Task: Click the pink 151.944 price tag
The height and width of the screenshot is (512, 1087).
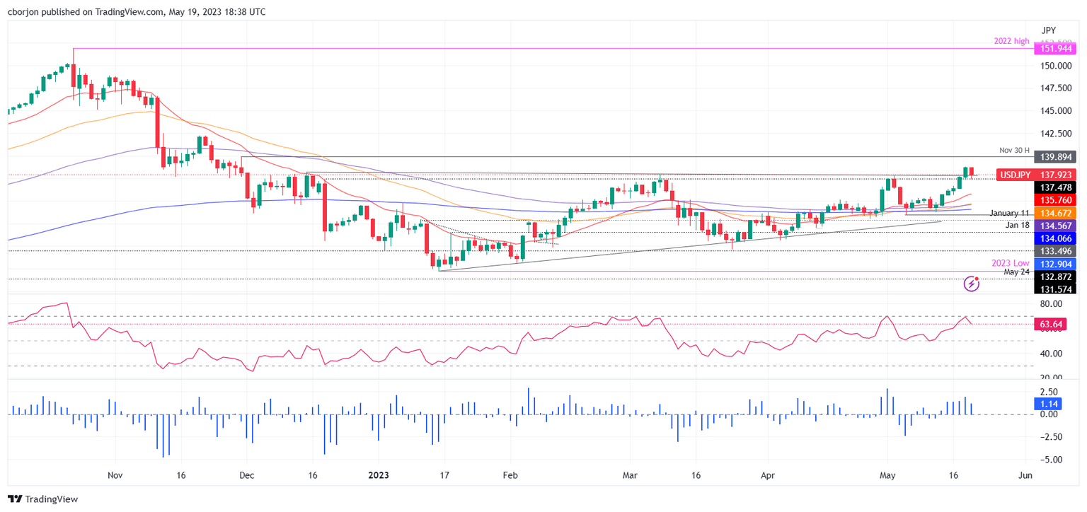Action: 1054,49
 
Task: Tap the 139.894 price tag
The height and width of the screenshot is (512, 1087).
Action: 1054,157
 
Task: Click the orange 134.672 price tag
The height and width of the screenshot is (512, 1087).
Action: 1054,213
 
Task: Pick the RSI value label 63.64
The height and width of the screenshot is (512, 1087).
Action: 1048,325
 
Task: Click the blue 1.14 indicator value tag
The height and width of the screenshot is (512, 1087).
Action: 1047,404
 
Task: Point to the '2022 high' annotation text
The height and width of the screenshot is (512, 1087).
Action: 1012,42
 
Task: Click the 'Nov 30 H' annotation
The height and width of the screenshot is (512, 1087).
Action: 1014,151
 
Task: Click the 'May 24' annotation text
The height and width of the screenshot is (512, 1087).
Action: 1016,272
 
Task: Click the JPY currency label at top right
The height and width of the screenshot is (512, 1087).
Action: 1049,30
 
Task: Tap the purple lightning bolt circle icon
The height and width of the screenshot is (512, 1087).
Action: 972,284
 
